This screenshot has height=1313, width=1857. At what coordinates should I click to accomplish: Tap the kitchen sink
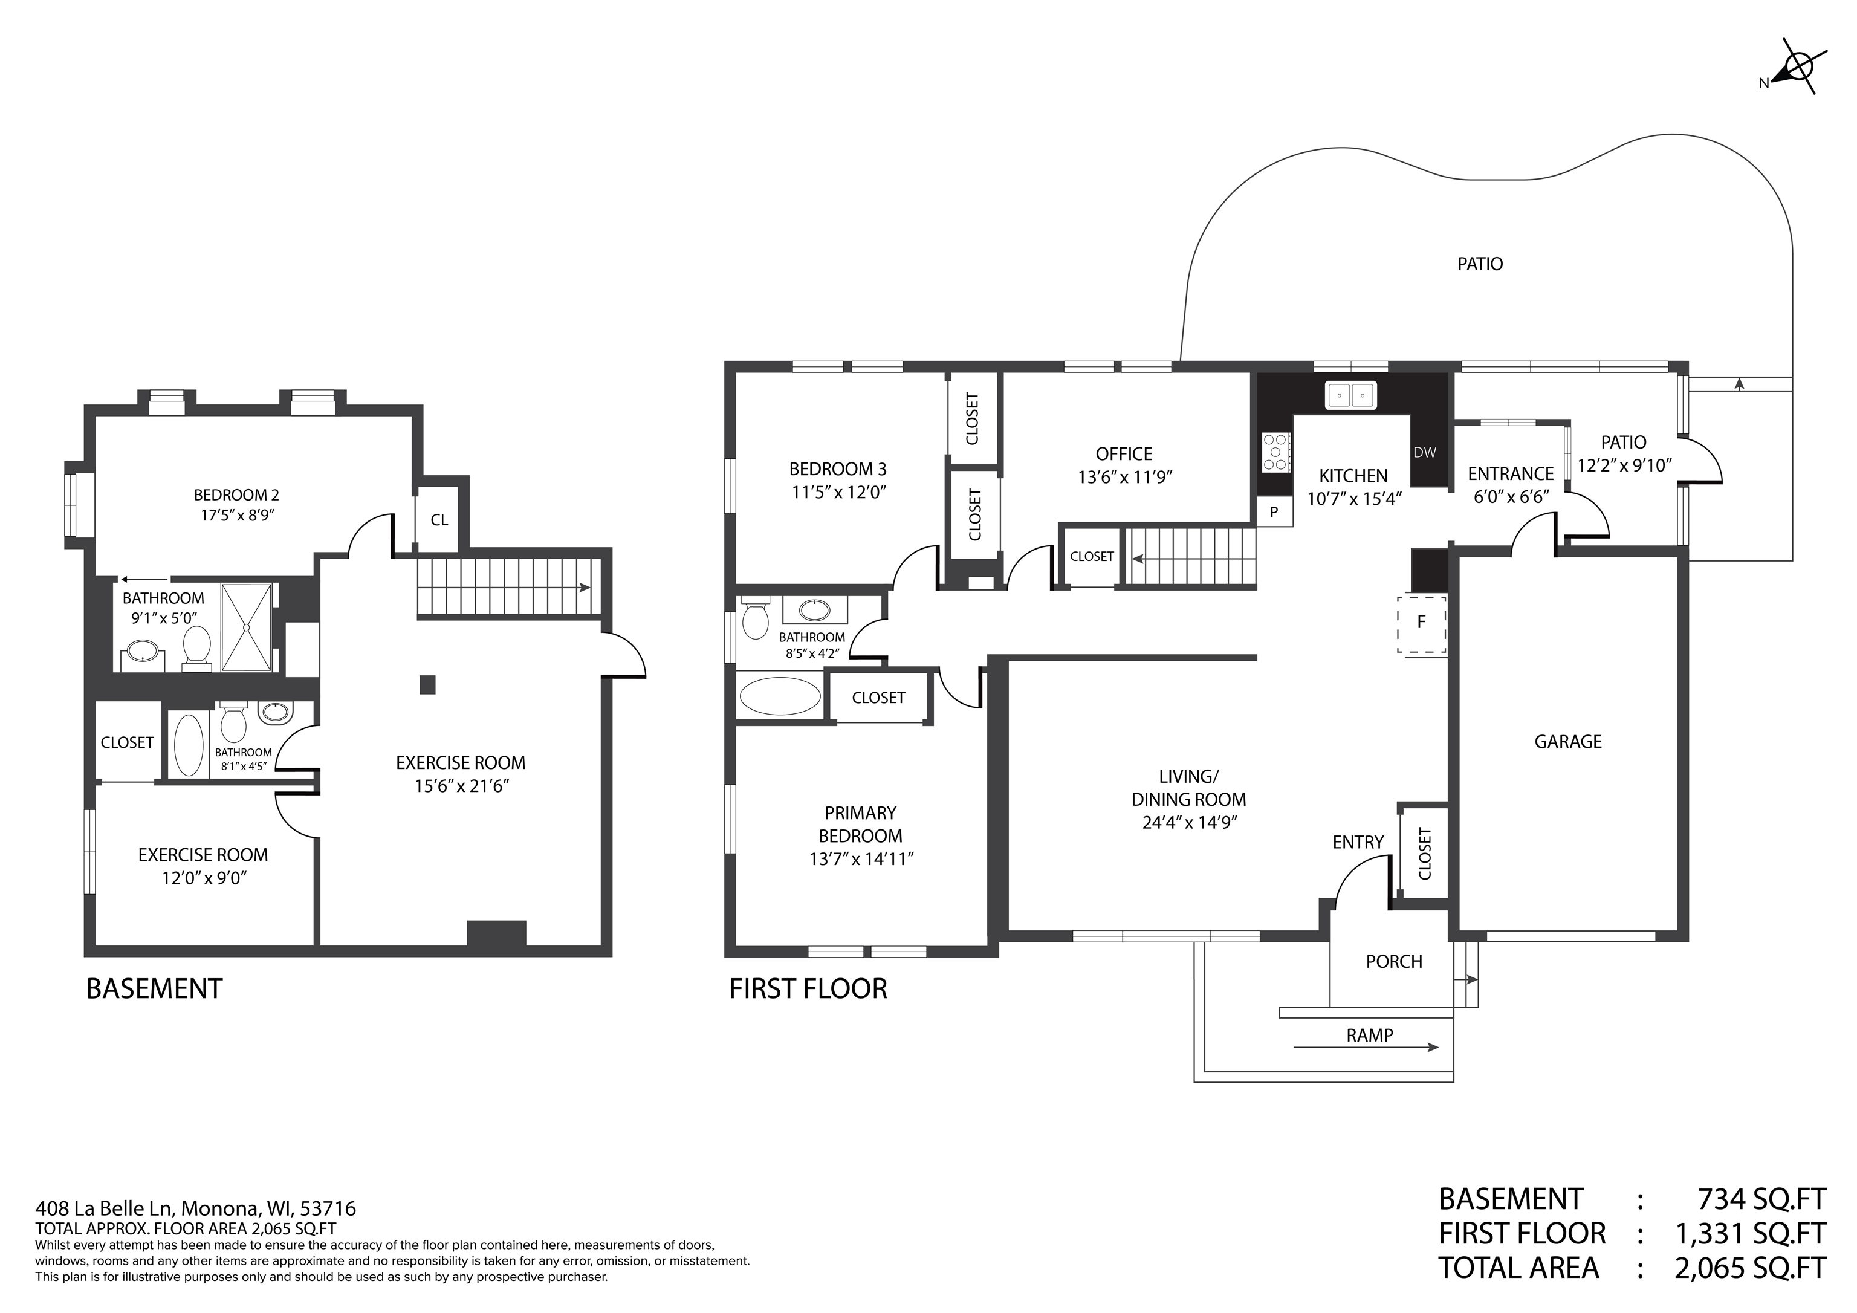(x=1350, y=395)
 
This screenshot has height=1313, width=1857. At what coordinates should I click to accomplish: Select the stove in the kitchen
(x=1275, y=452)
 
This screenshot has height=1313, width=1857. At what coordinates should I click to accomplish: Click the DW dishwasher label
(x=1425, y=452)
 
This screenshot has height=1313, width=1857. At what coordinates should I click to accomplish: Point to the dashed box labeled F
(x=1421, y=624)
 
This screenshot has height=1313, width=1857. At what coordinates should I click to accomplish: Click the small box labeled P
(x=1274, y=512)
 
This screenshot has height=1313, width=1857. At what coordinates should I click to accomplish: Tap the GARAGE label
(x=1567, y=742)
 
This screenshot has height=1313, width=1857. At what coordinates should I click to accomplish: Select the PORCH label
(x=1393, y=962)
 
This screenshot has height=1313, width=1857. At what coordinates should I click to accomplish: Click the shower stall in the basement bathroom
(x=247, y=627)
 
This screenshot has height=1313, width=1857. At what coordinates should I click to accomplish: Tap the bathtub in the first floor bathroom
(x=780, y=696)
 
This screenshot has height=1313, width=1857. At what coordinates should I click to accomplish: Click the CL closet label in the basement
(x=439, y=520)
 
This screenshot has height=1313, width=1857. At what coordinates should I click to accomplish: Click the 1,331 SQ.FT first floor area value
(x=1749, y=1234)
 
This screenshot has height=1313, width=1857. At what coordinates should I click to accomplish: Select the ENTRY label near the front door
(x=1358, y=843)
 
